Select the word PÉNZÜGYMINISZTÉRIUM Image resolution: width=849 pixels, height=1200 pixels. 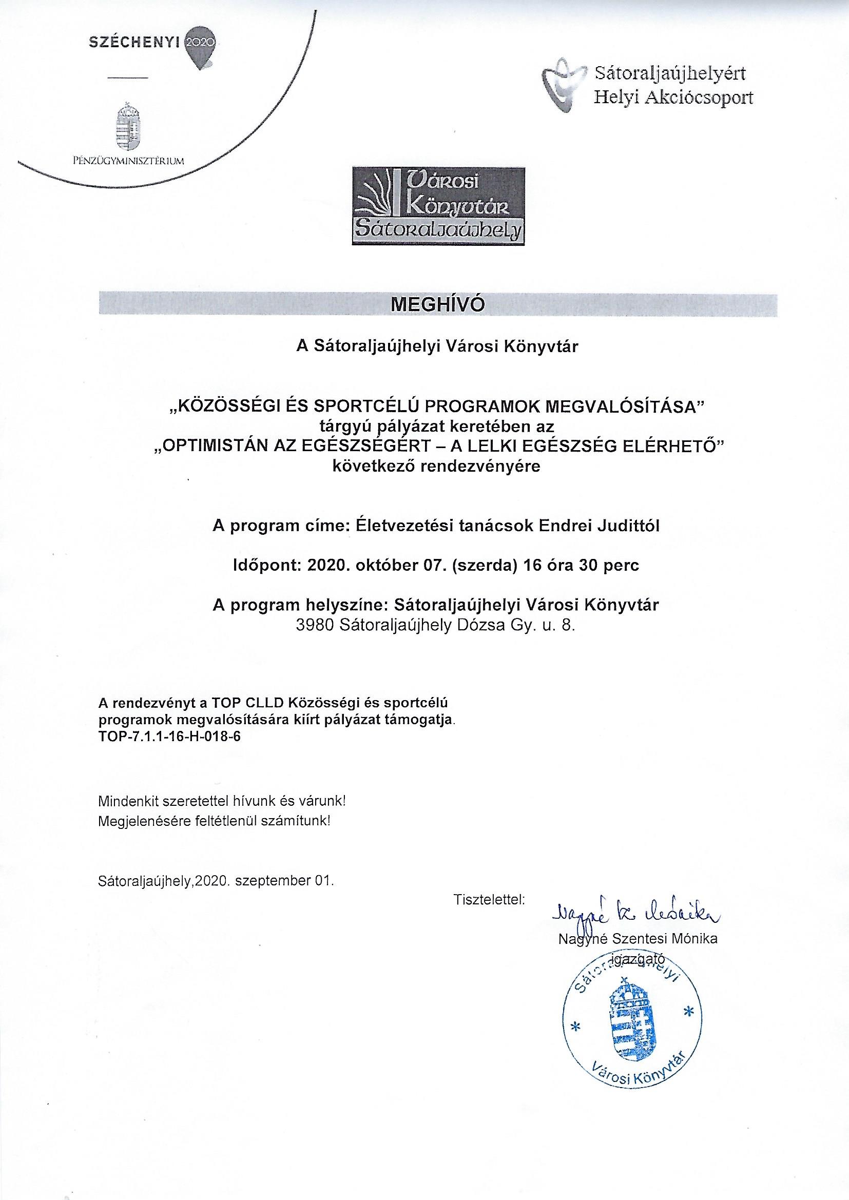128,161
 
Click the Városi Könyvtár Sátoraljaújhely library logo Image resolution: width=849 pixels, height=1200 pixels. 438,205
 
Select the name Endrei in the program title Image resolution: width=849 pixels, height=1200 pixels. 563,526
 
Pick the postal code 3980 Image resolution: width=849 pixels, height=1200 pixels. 315,626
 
